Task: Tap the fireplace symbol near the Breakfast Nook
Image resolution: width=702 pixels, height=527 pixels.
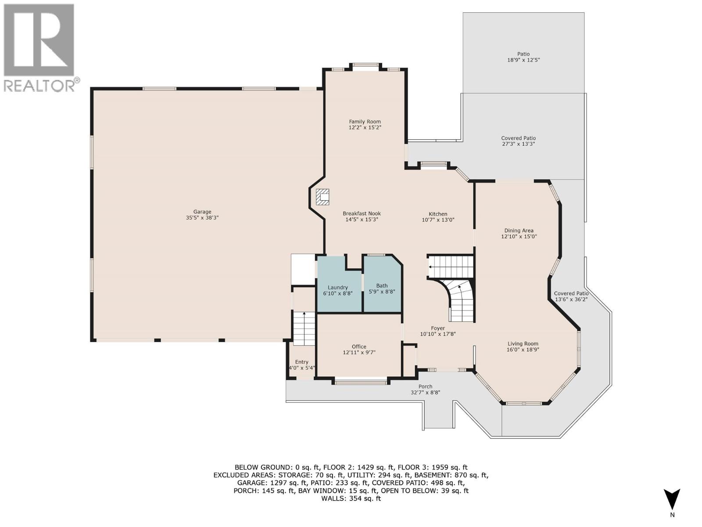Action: [x=322, y=197]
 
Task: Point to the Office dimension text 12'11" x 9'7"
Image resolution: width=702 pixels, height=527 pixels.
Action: [x=359, y=352]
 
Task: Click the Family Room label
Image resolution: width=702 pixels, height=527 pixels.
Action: [x=365, y=122]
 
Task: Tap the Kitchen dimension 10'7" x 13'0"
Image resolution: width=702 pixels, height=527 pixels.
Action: [x=438, y=220]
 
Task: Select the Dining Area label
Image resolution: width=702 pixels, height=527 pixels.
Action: [x=519, y=231]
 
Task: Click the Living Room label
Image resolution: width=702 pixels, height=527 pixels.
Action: [x=523, y=344]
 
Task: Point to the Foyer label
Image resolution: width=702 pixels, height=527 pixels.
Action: [x=438, y=328]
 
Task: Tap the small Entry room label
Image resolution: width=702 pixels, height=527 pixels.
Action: [x=301, y=362]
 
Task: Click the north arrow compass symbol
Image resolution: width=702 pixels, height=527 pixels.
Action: [x=672, y=500]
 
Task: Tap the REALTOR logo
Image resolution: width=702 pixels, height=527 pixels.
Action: [x=39, y=47]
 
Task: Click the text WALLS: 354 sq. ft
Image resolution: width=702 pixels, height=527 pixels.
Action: [x=351, y=498]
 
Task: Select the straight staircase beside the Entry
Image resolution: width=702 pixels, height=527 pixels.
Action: [x=304, y=328]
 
